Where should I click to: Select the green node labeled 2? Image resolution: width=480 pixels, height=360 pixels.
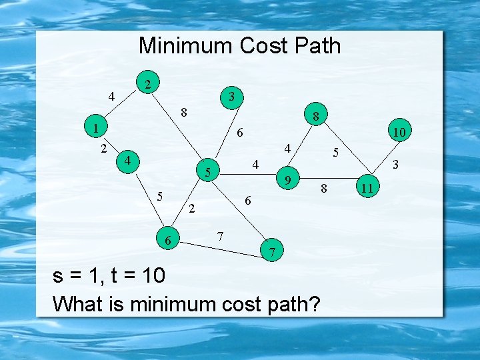[x=151, y=83]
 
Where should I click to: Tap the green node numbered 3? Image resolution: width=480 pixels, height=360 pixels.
[x=231, y=97]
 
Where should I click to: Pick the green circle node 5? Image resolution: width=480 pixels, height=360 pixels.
[x=208, y=173]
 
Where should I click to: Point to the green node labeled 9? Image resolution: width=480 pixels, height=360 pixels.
[x=287, y=179]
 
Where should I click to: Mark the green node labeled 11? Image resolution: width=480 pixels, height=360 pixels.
[x=367, y=188]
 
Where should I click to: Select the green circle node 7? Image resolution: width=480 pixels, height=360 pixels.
[x=272, y=251]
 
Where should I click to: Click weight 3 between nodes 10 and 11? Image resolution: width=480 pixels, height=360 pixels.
[x=395, y=163]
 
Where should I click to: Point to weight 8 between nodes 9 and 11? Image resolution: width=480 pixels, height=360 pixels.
[x=324, y=189]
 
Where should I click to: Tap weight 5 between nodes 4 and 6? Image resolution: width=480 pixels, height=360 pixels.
[x=159, y=196]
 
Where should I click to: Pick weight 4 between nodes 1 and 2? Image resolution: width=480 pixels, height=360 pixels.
[x=112, y=97]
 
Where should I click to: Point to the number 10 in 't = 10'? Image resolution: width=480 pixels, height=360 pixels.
[x=151, y=275]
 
